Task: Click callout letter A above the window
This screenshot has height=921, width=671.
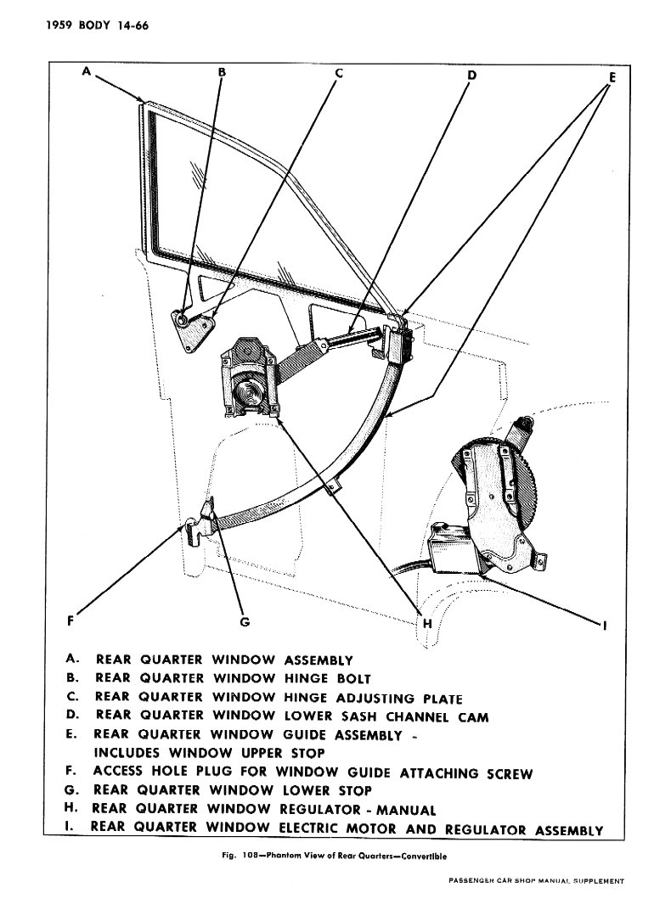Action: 87,71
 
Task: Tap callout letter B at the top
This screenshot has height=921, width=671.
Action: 222,72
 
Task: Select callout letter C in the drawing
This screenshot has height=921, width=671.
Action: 338,73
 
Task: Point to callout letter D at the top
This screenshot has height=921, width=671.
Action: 471,76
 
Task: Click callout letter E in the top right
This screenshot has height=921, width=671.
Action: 612,77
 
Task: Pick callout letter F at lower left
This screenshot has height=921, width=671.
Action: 70,621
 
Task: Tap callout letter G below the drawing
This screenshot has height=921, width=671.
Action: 245,621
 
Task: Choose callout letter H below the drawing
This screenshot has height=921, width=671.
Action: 427,623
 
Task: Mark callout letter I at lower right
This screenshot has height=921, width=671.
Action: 606,626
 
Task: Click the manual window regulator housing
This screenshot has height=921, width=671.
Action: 251,379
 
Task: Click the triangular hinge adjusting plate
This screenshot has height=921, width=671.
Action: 193,329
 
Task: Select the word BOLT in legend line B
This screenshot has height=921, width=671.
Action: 353,678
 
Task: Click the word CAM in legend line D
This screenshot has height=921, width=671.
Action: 474,717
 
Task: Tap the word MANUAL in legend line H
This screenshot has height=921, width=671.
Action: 406,811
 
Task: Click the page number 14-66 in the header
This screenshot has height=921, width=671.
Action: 133,25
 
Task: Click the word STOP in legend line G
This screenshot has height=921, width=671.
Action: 354,790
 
